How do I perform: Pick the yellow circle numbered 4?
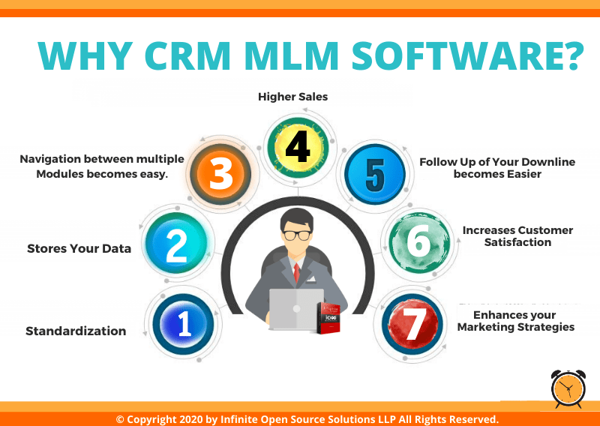[298, 147]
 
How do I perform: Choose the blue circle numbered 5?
[375, 175]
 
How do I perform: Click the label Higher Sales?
[292, 97]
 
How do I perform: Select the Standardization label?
[76, 331]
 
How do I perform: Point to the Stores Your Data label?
[79, 248]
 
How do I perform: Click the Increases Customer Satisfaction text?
[517, 236]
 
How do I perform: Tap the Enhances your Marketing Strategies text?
[515, 321]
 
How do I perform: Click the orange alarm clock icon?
[568, 389]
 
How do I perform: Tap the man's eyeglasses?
[296, 235]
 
